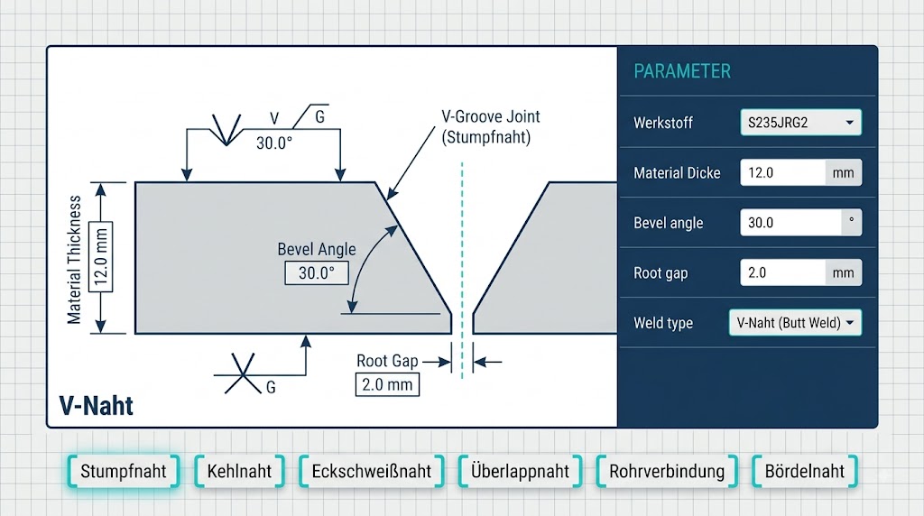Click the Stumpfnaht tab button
pyautogui.click(x=123, y=471)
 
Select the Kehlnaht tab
pyautogui.click(x=239, y=471)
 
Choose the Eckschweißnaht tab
pyautogui.click(x=371, y=471)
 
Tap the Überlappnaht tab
pyautogui.click(x=520, y=471)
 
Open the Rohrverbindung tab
pyautogui.click(x=667, y=471)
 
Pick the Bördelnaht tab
pyautogui.click(x=804, y=471)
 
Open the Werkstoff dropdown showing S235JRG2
pyautogui.click(x=801, y=123)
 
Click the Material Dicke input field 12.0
pyautogui.click(x=782, y=172)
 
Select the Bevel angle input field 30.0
pyautogui.click(x=790, y=223)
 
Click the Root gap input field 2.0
pyautogui.click(x=782, y=272)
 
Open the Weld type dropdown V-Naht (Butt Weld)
pyautogui.click(x=795, y=323)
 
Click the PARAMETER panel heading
pyautogui.click(x=682, y=71)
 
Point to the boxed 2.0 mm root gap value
pyautogui.click(x=387, y=384)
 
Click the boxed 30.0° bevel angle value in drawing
pyautogui.click(x=317, y=273)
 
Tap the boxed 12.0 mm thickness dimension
pyautogui.click(x=101, y=257)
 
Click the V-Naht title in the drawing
pyautogui.click(x=96, y=406)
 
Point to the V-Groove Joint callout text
pyautogui.click(x=490, y=126)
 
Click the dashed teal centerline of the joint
pyautogui.click(x=462, y=271)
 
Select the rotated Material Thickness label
pyautogui.click(x=74, y=260)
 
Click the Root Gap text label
pyautogui.click(x=387, y=361)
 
